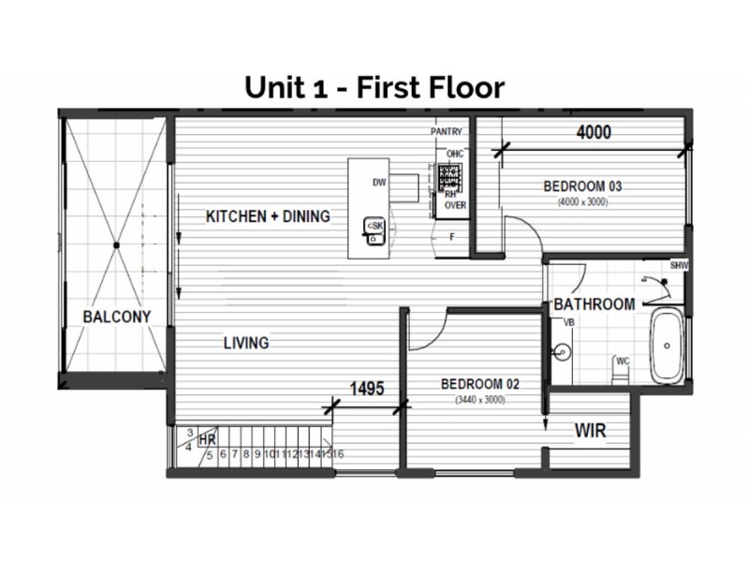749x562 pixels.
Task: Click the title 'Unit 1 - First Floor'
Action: tap(374, 87)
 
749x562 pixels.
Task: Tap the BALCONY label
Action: tap(116, 316)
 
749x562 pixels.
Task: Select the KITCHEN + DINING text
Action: tap(268, 216)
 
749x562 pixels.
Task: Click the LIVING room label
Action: tap(246, 343)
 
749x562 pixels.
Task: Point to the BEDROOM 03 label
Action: tap(582, 186)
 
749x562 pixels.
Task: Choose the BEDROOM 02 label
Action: tap(479, 384)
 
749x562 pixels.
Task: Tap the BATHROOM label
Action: tap(595, 304)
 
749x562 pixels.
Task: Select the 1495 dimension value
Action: tap(367, 389)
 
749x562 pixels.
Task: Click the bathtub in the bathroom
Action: tap(668, 347)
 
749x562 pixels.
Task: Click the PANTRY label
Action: tap(448, 133)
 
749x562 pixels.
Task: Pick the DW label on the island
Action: tap(379, 182)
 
